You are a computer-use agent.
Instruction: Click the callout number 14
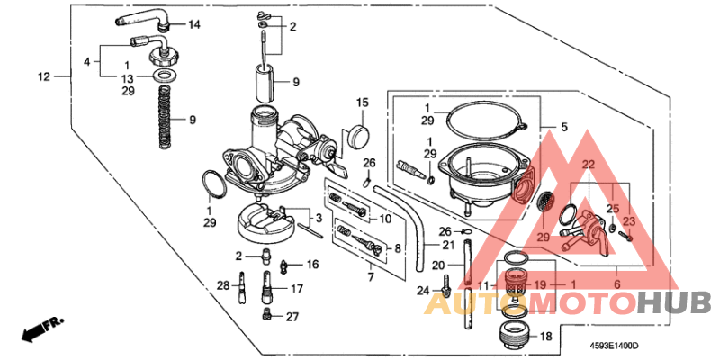194,23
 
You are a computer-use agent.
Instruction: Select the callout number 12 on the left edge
43,76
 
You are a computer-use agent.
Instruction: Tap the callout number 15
362,103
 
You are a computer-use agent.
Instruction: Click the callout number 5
564,128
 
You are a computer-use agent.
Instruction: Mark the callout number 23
629,220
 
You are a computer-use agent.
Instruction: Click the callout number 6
616,283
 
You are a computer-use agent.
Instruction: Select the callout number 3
317,219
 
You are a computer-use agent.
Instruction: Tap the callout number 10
385,219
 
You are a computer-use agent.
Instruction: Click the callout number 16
312,265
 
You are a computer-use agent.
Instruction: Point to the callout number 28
223,285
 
